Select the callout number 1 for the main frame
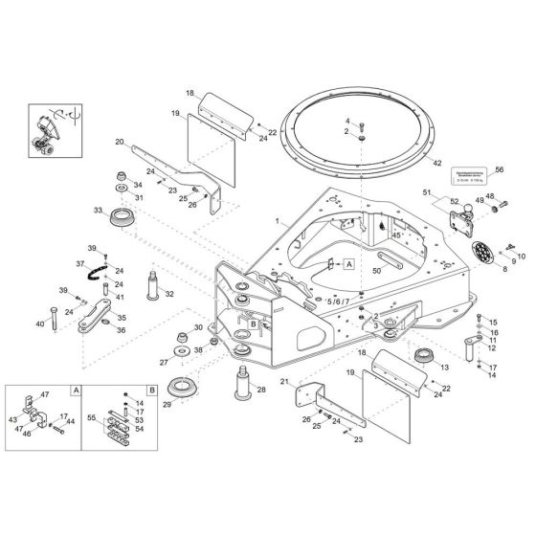coord(278,222)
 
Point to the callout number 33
coord(97,210)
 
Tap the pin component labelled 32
coord(154,284)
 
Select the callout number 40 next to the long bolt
coord(39,324)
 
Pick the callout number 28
coord(260,391)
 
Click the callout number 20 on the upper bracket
coord(120,142)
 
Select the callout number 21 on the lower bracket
coord(283,382)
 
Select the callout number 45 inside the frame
coord(395,234)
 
